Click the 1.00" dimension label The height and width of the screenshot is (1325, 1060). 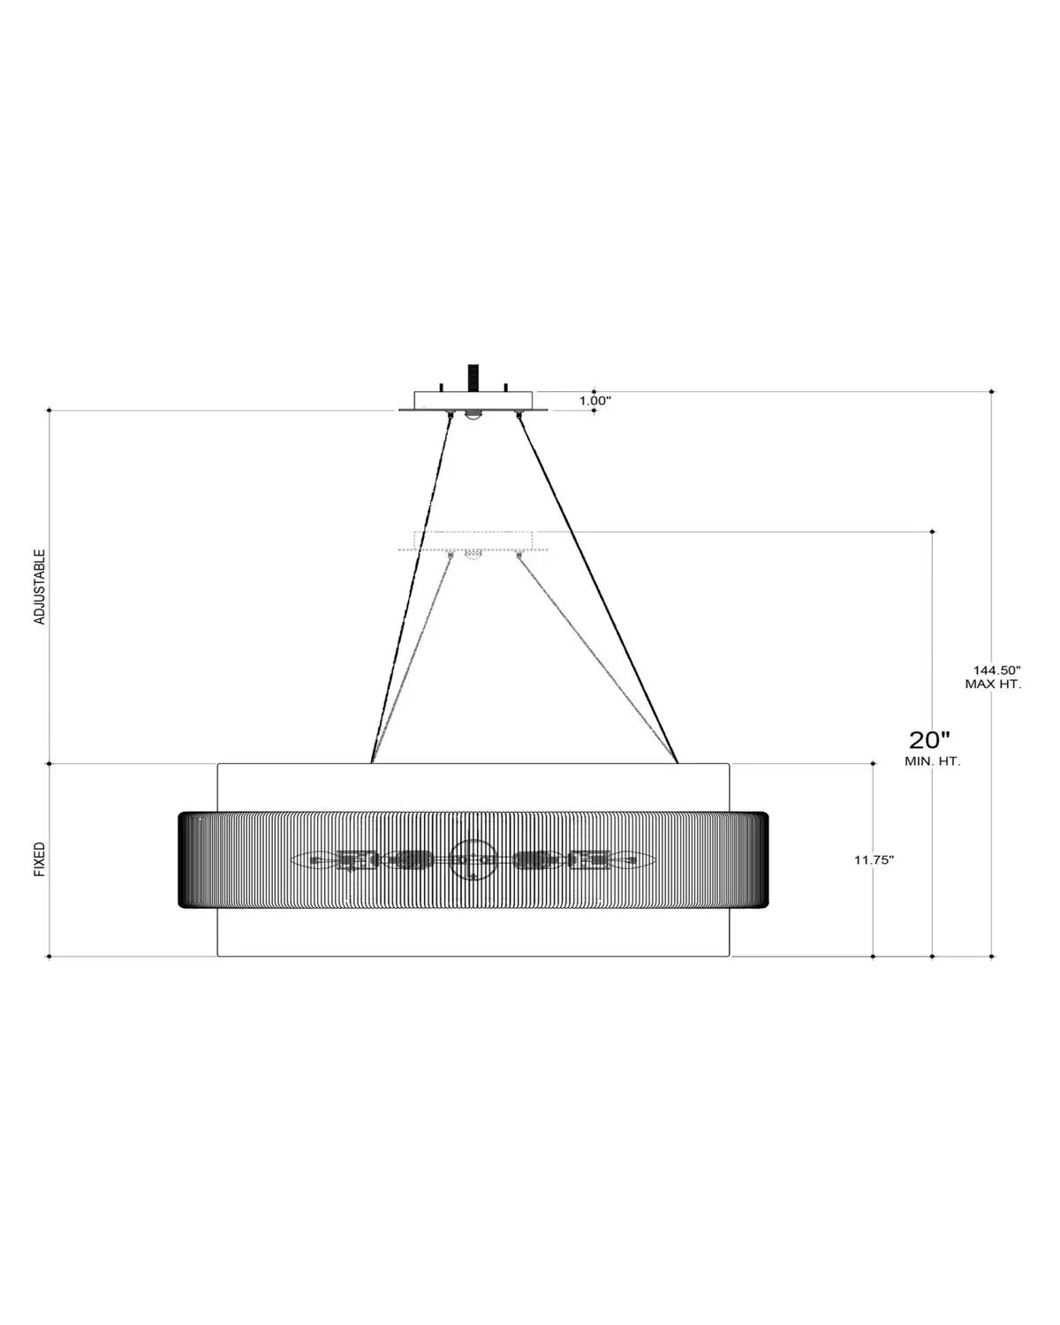click(x=594, y=401)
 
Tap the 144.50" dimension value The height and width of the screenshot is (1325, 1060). click(x=996, y=670)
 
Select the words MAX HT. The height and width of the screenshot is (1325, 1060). click(x=993, y=684)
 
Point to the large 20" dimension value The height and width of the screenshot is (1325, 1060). click(x=929, y=739)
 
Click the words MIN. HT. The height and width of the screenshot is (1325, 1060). click(x=932, y=761)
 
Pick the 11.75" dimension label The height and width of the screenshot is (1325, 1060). click(x=874, y=860)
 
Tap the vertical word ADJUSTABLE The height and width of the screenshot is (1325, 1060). click(x=40, y=587)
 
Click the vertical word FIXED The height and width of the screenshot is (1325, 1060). click(x=40, y=859)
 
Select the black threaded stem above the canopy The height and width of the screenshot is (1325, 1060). click(x=473, y=377)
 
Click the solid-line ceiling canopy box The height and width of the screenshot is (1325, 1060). click(x=473, y=401)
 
